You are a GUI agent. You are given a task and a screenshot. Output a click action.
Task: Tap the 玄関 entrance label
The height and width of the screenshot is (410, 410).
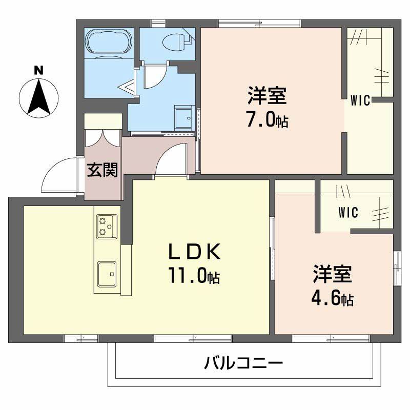[102, 170]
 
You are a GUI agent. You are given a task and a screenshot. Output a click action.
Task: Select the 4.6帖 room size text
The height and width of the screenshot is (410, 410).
[332, 299]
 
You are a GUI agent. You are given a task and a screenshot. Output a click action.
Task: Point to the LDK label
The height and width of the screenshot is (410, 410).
[195, 252]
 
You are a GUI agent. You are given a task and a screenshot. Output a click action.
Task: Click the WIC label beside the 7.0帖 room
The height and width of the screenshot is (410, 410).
[360, 101]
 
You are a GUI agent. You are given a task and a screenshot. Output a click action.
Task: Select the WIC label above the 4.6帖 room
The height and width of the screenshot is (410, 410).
[348, 212]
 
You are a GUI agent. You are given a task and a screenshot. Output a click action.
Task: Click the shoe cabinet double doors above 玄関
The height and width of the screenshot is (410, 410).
[103, 135]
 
